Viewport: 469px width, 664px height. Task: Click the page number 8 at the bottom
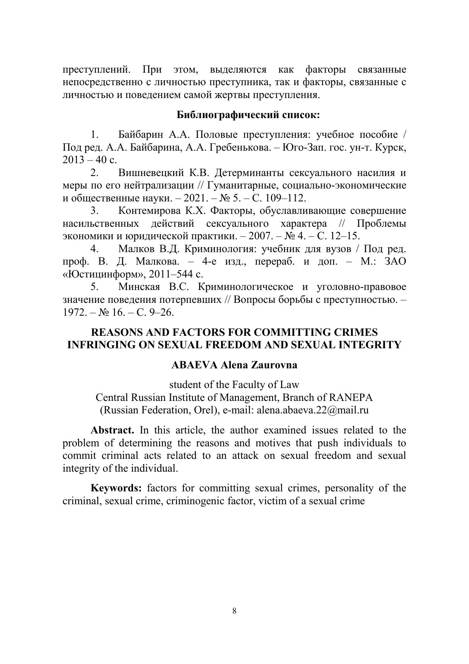[234, 611]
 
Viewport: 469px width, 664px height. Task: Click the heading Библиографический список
[248, 115]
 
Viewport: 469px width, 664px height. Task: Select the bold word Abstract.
[112, 430]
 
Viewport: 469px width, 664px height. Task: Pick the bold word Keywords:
[116, 488]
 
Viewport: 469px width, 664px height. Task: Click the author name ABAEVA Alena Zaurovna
[234, 365]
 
